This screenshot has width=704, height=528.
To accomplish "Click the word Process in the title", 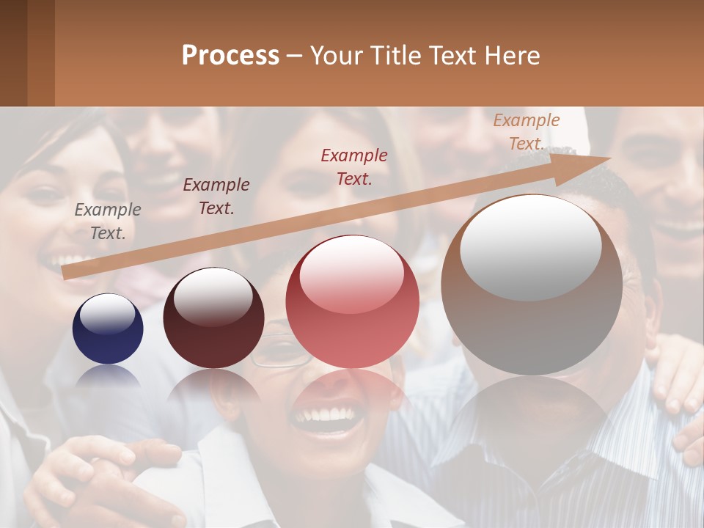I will click(x=230, y=56).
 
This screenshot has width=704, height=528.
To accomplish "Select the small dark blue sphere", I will click(x=108, y=329).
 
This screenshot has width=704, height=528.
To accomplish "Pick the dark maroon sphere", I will click(x=213, y=318).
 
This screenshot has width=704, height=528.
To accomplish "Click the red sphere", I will click(x=352, y=302).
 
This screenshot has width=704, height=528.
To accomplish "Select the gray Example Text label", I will click(x=108, y=221).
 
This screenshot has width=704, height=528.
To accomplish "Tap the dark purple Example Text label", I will click(x=216, y=196).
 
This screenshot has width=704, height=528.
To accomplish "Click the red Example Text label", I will click(x=354, y=166).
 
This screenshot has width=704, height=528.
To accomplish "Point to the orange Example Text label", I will click(x=527, y=132).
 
